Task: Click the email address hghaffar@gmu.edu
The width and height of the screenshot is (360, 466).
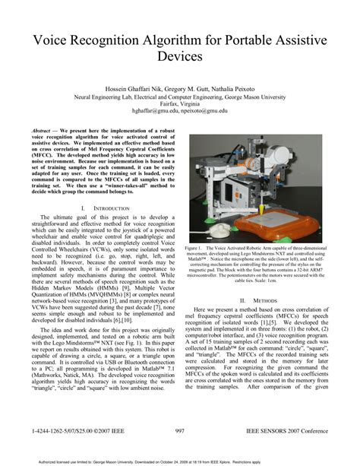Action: pos(155,110)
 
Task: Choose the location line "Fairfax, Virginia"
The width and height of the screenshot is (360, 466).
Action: pos(180,103)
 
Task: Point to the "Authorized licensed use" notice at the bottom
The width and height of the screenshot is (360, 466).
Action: pos(179,460)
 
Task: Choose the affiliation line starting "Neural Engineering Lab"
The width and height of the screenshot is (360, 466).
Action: pos(180,96)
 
